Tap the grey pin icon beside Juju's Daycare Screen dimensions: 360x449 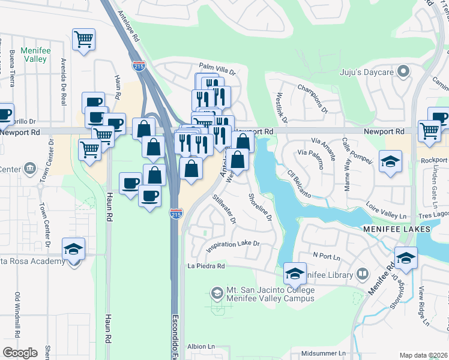tap(403, 73)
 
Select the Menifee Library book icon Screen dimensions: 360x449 tap(362, 275)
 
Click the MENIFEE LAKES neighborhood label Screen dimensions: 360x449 tap(396, 230)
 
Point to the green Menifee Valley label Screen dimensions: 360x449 tap(34, 55)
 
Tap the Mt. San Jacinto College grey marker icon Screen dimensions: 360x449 tap(217, 293)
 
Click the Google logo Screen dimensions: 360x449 tap(20, 353)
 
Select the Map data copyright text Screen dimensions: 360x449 tap(424, 355)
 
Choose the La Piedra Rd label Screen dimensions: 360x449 tap(205, 266)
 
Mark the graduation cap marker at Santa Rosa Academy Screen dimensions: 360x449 tap(74, 249)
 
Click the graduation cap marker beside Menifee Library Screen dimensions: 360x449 tap(295, 274)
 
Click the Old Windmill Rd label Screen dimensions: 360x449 tap(16, 312)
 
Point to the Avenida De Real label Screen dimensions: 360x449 tap(64, 82)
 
